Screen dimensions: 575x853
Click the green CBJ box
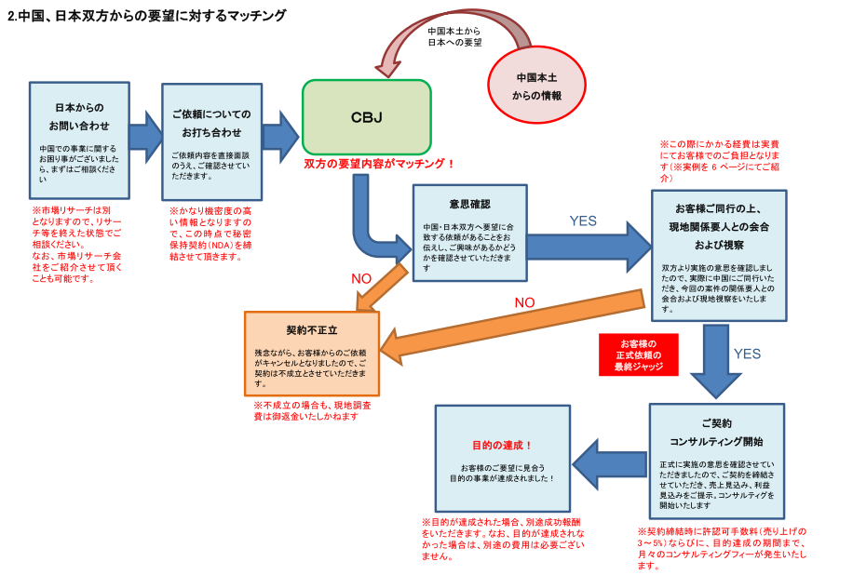coord(366,117)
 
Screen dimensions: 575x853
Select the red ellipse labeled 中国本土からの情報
coord(537,87)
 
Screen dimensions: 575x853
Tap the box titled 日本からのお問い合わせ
coord(78,140)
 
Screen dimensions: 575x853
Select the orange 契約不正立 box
coord(312,354)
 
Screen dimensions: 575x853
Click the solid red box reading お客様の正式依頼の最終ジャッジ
coord(638,354)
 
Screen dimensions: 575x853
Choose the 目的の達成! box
coord(502,457)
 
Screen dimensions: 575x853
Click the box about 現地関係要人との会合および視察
coord(718,257)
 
